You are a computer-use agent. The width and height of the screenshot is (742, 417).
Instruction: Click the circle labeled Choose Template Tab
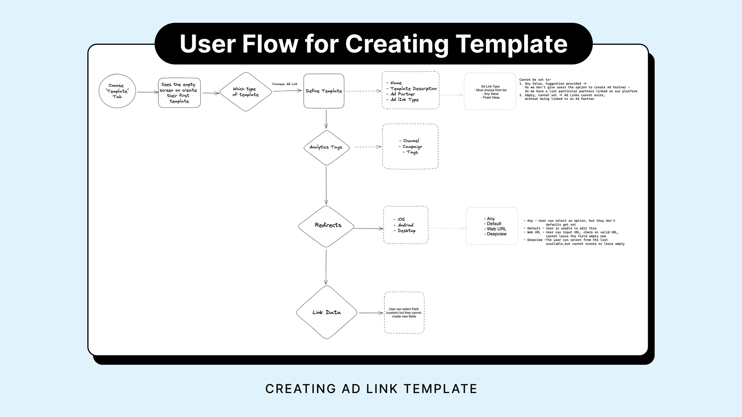117,91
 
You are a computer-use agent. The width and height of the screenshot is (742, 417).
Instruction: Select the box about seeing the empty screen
179,93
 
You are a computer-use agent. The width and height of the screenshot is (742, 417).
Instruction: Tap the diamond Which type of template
246,92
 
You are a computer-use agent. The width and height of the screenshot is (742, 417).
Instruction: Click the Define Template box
324,91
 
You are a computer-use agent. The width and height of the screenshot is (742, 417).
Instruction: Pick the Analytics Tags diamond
326,147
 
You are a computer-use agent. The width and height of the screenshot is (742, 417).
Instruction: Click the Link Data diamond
326,312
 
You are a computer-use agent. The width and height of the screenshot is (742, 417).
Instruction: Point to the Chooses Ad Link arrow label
284,84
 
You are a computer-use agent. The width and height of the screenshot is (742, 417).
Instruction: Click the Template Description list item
413,89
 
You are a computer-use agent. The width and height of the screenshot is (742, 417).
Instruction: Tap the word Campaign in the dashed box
412,147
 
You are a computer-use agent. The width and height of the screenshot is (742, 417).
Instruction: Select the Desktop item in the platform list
406,231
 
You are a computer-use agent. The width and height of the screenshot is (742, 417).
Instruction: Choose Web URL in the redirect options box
496,229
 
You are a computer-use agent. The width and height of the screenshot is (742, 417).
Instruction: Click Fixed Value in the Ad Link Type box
491,98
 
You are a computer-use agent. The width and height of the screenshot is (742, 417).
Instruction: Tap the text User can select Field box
404,313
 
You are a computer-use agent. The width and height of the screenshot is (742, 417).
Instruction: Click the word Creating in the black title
397,44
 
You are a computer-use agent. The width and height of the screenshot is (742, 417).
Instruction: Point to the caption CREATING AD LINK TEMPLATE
371,389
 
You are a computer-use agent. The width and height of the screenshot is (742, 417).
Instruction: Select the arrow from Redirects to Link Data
326,267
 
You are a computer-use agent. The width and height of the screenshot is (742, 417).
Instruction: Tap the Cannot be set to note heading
535,80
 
